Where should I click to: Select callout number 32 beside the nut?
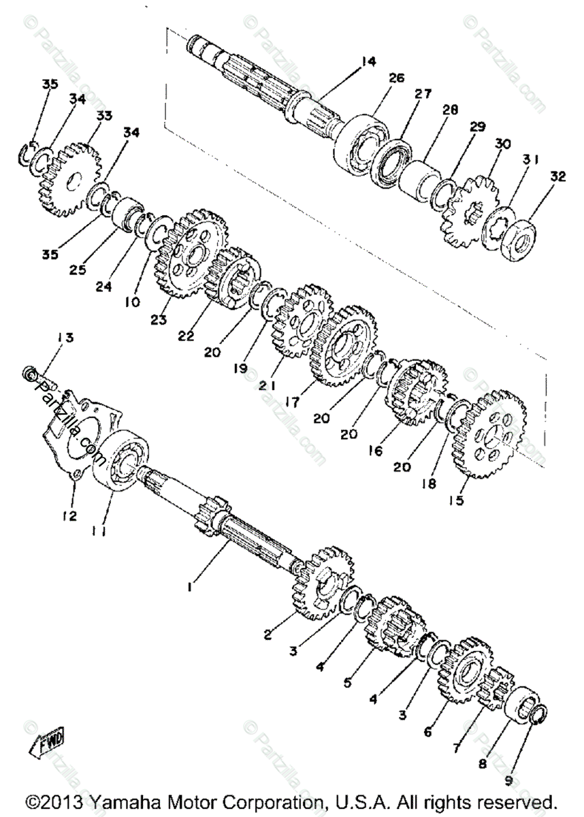click(x=557, y=176)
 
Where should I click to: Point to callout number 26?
click(x=396, y=78)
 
